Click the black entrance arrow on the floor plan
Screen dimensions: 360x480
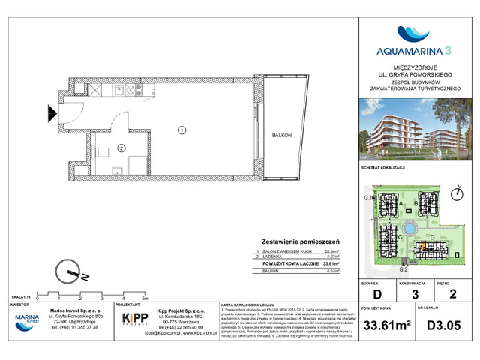coord(52,114)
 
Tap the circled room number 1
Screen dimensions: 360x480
coord(181,130)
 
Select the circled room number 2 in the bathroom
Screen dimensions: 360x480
coord(121,148)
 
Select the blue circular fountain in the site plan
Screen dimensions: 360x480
coord(410,229)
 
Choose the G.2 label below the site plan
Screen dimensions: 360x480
coord(403,268)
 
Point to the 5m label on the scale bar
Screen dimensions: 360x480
coord(154,297)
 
